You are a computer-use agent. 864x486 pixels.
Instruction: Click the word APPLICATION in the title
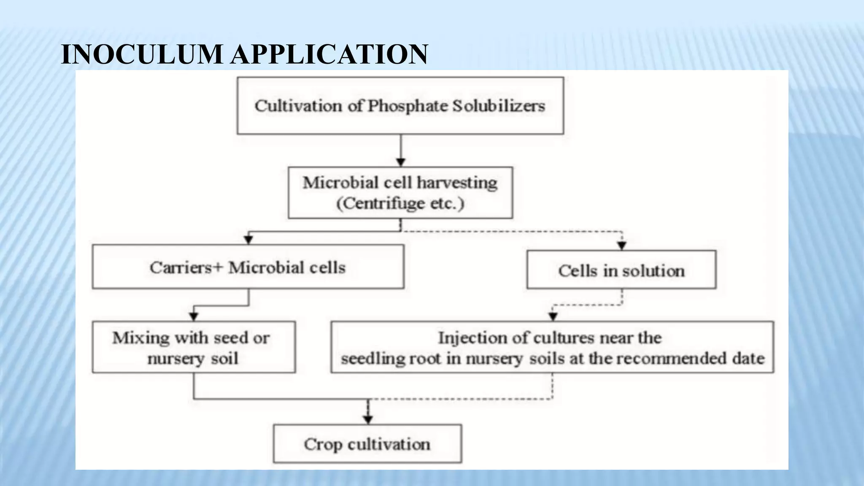(329, 54)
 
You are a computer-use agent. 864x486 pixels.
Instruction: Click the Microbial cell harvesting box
(400, 192)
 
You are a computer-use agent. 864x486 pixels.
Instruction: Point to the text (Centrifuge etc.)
(400, 203)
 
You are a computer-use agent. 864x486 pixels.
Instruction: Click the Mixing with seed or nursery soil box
(193, 347)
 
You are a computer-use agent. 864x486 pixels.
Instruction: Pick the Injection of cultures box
(552, 347)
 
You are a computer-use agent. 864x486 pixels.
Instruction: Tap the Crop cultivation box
(367, 444)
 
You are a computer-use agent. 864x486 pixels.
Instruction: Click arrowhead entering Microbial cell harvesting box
(401, 162)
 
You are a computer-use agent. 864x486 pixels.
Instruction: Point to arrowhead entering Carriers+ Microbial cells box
(248, 240)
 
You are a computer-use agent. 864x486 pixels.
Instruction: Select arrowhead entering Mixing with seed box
(194, 316)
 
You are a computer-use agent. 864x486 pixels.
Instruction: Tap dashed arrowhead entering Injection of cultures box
(553, 316)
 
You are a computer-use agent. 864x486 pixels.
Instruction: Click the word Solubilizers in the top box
(499, 106)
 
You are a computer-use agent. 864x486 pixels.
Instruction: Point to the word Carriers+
(186, 267)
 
